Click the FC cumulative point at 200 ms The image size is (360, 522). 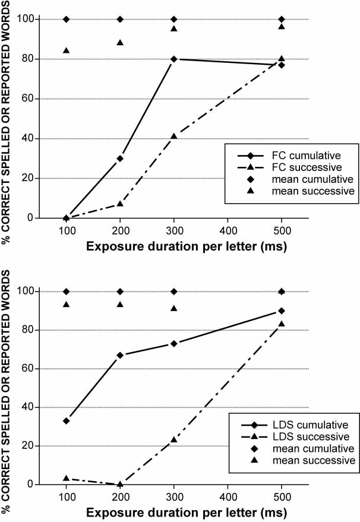[x=120, y=158]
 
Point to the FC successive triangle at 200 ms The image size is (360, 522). [x=120, y=204]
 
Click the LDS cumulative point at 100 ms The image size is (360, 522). [x=66, y=420]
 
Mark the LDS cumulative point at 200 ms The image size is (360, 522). [x=120, y=355]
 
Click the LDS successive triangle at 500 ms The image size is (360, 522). [x=282, y=324]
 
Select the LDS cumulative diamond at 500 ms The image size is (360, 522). [x=282, y=311]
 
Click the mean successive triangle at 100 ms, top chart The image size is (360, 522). [x=66, y=50]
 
